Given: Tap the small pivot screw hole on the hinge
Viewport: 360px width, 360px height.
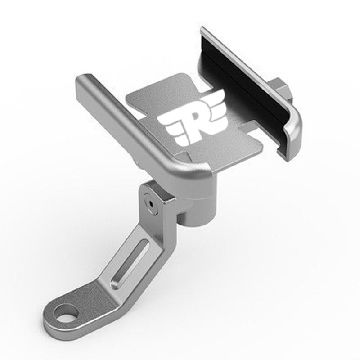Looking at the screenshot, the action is [151, 204].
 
